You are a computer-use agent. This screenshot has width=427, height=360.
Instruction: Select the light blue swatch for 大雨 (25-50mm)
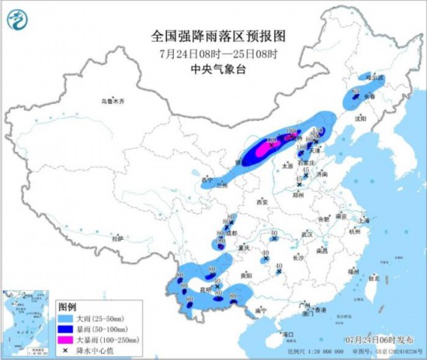[68, 319]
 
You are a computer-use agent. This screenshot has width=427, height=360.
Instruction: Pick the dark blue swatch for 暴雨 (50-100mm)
[68, 329]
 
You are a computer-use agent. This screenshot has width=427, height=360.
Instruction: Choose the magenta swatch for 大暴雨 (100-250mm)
[68, 339]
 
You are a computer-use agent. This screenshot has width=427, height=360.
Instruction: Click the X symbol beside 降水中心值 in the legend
[68, 349]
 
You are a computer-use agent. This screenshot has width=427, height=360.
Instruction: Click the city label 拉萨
[116, 239]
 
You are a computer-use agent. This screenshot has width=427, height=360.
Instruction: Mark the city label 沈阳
[359, 119]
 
